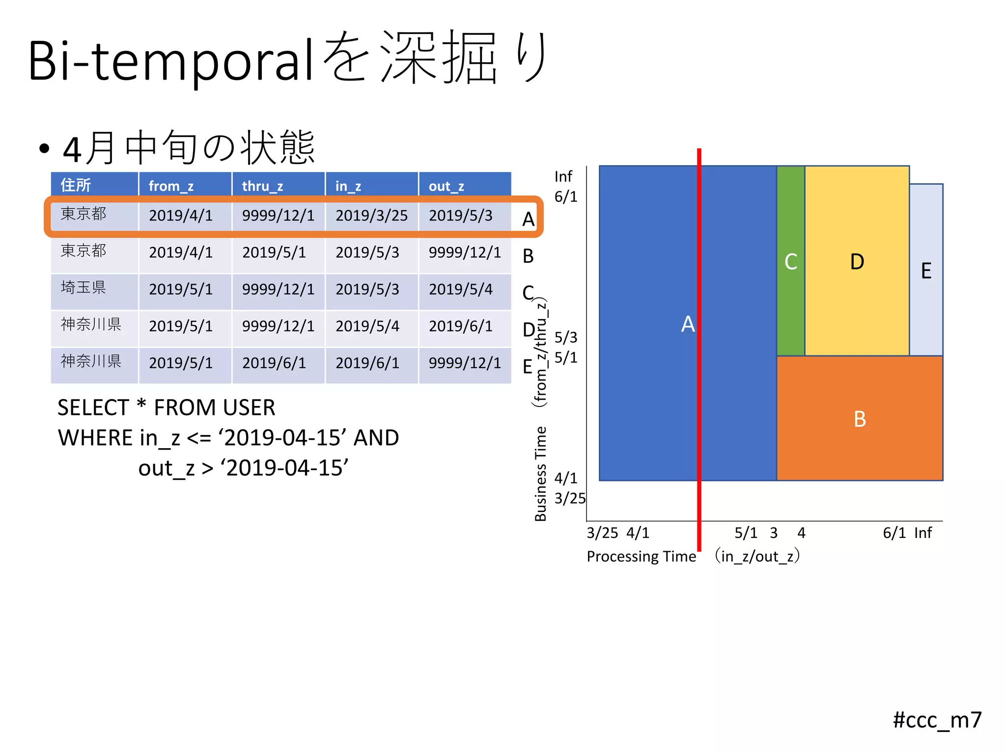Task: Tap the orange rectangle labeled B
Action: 859,418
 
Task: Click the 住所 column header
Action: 76,185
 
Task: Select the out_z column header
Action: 446,186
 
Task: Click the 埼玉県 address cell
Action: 84,288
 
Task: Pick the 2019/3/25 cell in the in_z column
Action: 371,215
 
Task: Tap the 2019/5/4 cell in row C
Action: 460,289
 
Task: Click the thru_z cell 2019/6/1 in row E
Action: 274,363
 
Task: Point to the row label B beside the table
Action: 528,256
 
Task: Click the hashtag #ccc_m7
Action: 936,720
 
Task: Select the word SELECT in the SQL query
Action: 93,407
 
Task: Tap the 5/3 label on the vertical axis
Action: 565,337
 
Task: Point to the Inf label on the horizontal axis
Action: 922,533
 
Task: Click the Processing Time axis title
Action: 641,556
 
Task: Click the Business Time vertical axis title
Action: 540,473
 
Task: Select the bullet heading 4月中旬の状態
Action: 189,148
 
